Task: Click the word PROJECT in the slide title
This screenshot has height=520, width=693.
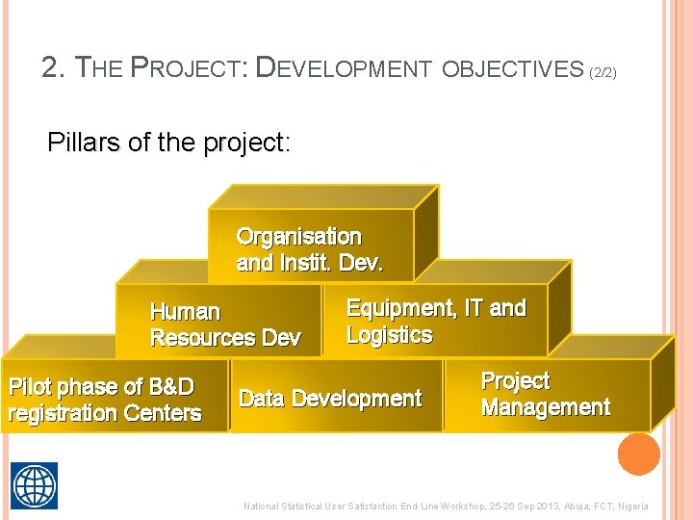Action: [x=191, y=67]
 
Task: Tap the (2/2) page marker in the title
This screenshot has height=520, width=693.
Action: [x=603, y=71]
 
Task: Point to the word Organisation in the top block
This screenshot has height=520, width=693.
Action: [x=298, y=237]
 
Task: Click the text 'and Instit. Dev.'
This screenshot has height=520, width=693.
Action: [x=309, y=263]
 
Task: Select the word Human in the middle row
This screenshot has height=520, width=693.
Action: [x=185, y=312]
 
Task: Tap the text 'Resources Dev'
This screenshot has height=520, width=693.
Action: [x=225, y=338]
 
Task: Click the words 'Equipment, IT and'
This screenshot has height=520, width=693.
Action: [x=436, y=308]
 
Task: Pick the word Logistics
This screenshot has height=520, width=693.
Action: [x=389, y=335]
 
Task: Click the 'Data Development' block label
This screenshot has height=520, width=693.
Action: [x=330, y=399]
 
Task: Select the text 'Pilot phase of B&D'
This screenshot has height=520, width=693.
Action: [x=101, y=387]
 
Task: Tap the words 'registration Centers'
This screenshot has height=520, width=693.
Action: [x=104, y=414]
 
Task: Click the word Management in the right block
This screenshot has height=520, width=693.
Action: [x=545, y=407]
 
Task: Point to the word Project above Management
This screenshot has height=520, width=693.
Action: [x=515, y=381]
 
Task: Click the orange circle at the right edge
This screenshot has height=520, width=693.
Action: [x=638, y=454]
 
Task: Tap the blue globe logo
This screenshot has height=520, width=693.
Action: [x=34, y=484]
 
